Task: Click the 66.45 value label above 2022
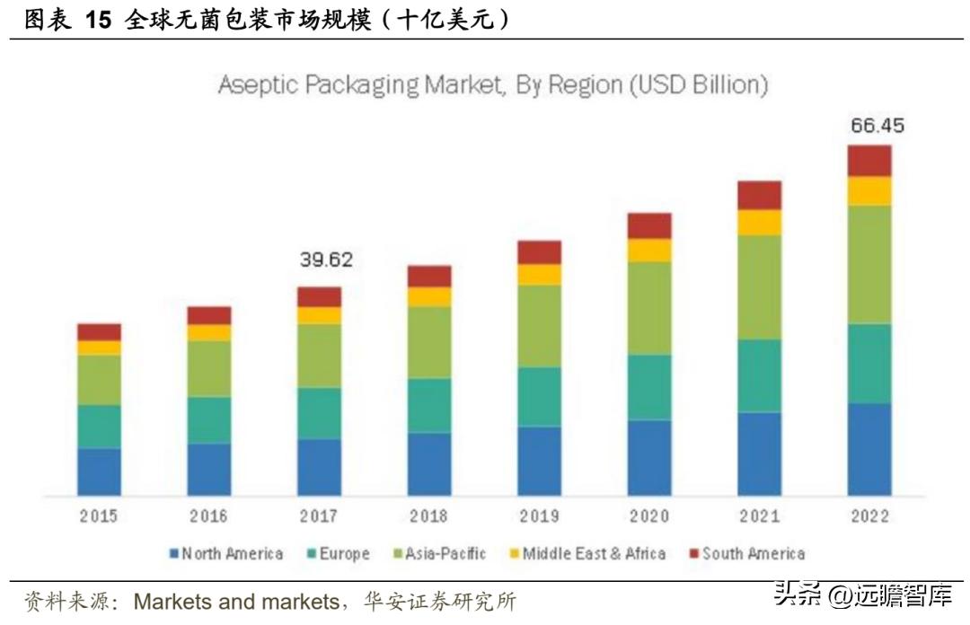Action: coord(877,125)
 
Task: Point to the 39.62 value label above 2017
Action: coord(325,260)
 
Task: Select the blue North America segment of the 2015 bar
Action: coord(99,471)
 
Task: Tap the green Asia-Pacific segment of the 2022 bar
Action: coord(869,264)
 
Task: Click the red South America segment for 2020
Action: coord(649,225)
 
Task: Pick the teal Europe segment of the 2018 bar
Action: coord(429,405)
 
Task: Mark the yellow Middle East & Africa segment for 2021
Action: coord(760,223)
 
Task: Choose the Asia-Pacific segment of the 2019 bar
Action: coord(540,326)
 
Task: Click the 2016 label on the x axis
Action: coord(208,516)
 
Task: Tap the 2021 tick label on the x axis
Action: coord(759,516)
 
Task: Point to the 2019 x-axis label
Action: coord(539,516)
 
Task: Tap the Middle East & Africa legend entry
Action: coord(593,554)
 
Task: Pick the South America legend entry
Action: coord(753,554)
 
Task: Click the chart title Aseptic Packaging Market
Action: coord(493,85)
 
